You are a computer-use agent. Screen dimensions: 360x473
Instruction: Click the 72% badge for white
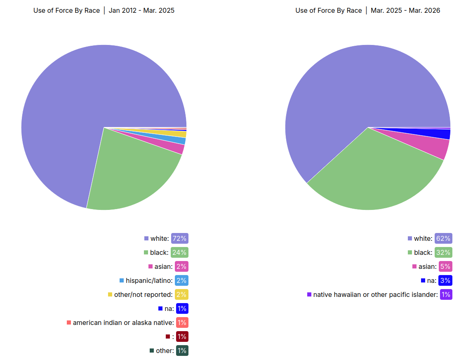coord(179,238)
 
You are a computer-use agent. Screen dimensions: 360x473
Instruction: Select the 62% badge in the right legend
coord(443,238)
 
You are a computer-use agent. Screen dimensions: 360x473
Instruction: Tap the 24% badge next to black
coord(179,252)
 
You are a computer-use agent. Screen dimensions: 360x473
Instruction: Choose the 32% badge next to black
coord(443,252)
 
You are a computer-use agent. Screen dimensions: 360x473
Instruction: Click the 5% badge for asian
coord(445,266)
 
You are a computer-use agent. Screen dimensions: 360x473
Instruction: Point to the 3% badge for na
coord(445,280)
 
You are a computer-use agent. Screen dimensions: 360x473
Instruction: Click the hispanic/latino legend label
coord(149,280)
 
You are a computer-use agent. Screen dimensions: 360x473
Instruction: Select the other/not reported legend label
coord(143,294)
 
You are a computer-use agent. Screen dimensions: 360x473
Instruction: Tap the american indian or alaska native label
coord(123,322)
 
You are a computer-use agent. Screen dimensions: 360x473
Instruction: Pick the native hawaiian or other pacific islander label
coord(375,294)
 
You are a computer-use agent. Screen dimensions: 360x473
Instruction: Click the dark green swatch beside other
coord(152,351)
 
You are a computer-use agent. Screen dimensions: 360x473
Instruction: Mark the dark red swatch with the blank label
coord(168,336)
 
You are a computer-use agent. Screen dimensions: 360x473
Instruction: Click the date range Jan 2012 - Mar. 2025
coord(141,10)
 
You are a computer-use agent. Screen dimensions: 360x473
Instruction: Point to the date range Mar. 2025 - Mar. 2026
coord(405,10)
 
